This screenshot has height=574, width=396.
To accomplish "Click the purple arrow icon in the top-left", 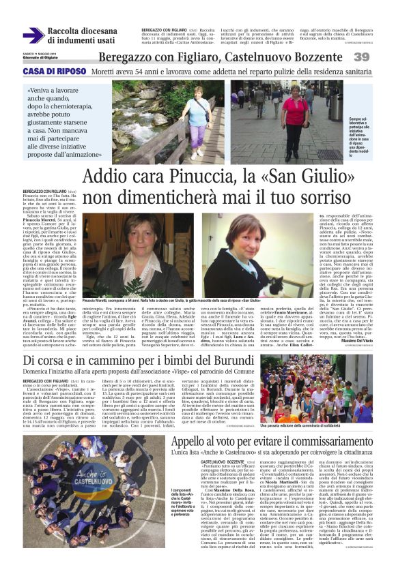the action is pyautogui.click(x=33, y=35).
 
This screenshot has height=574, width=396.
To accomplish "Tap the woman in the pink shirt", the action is pyautogui.click(x=295, y=108).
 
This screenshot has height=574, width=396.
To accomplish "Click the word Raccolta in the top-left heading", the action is pyautogui.click(x=71, y=31).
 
